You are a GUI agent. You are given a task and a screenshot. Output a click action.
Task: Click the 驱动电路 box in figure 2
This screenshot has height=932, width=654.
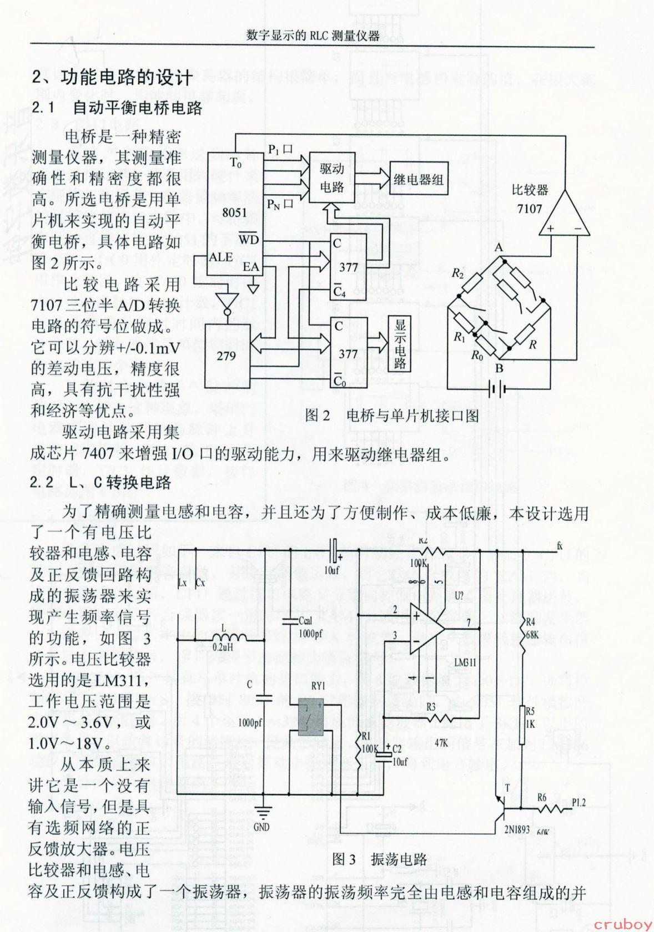click(332, 178)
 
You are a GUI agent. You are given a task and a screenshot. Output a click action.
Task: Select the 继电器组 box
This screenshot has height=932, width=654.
click(419, 179)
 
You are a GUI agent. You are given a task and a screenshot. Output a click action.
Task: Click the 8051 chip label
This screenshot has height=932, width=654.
click(234, 212)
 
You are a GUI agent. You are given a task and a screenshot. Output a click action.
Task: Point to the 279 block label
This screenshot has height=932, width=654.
click(226, 356)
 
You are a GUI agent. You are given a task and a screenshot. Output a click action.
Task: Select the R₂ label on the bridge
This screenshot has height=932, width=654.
click(457, 273)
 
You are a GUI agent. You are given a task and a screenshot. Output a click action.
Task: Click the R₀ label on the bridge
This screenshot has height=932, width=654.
click(477, 355)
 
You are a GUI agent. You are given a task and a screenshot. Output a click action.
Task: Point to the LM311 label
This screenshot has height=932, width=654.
click(465, 662)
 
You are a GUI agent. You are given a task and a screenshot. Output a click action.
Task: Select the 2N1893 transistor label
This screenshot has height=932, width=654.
click(517, 829)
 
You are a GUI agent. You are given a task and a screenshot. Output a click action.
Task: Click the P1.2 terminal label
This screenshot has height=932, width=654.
click(578, 803)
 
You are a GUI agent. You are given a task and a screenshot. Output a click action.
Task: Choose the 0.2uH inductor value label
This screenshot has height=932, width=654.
click(224, 647)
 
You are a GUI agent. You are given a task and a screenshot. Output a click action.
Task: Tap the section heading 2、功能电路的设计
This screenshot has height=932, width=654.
click(113, 77)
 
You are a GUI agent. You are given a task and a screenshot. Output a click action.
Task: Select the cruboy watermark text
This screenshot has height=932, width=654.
click(623, 924)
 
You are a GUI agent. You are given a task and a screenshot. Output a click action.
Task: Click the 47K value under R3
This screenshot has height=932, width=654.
click(441, 742)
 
